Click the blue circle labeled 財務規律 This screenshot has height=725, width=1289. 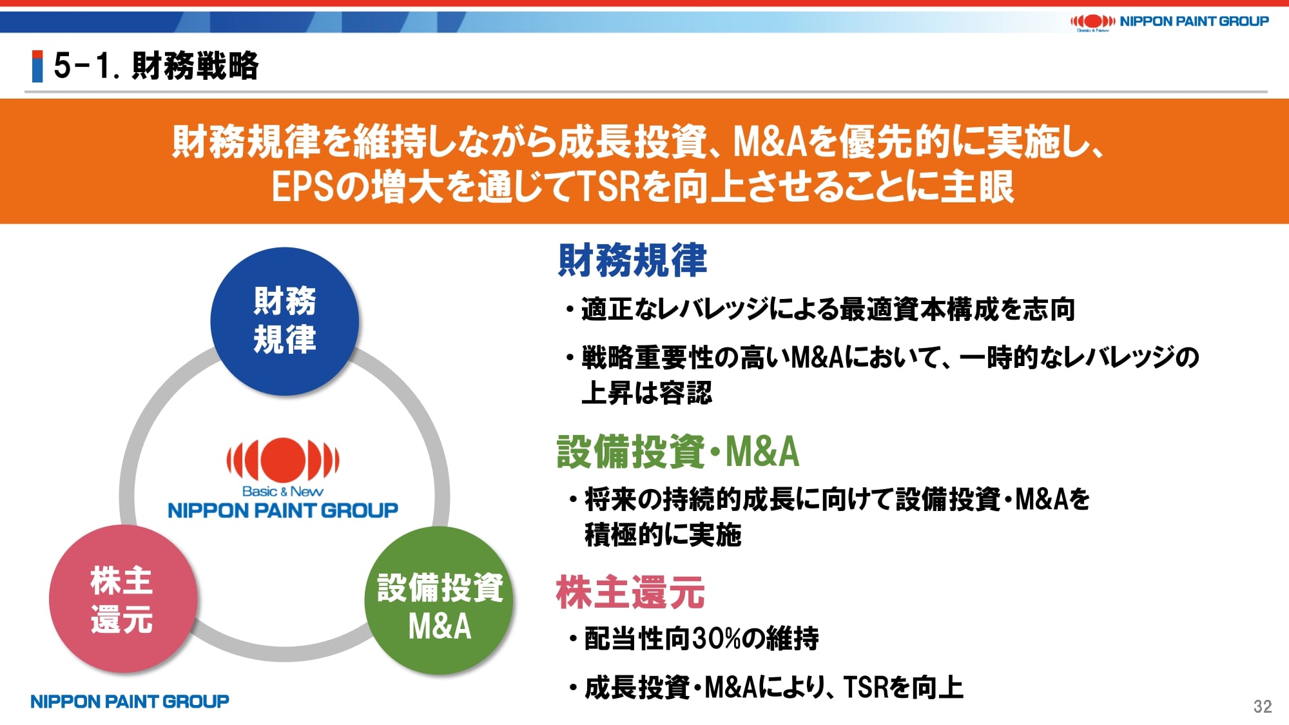pyautogui.click(x=284, y=321)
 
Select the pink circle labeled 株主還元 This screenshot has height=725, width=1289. pyautogui.click(x=123, y=599)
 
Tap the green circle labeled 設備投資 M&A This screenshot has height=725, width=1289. pyautogui.click(x=439, y=601)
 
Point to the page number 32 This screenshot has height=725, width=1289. pyautogui.click(x=1263, y=706)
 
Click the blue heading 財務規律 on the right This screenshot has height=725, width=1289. pyautogui.click(x=632, y=260)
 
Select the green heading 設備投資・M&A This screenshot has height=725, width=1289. pyautogui.click(x=678, y=451)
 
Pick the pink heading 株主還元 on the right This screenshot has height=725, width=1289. pyautogui.click(x=630, y=592)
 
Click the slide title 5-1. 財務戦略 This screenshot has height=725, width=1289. pyautogui.click(x=156, y=66)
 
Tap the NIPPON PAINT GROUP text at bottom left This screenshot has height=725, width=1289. pyautogui.click(x=130, y=701)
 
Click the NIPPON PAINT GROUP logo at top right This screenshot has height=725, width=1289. pyautogui.click(x=1169, y=22)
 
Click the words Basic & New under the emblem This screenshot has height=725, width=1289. pyautogui.click(x=282, y=491)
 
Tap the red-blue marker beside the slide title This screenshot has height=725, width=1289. pyautogui.click(x=37, y=66)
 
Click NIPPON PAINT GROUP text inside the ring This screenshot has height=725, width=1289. pyautogui.click(x=283, y=510)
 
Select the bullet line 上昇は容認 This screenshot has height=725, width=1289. pyautogui.click(x=646, y=392)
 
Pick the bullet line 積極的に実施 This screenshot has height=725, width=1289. pyautogui.click(x=663, y=535)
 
